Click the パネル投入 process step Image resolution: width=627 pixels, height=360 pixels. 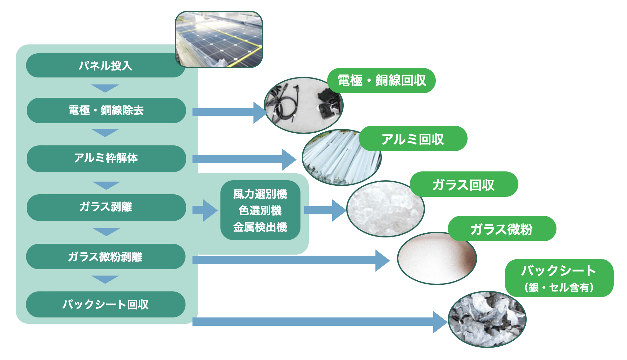(x=105, y=66)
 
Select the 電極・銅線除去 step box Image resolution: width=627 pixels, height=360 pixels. (x=106, y=110)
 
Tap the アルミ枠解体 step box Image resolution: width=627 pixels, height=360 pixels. (x=106, y=158)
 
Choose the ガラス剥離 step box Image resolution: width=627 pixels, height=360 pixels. (x=106, y=207)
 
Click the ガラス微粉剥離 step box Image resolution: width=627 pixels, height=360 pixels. (x=105, y=257)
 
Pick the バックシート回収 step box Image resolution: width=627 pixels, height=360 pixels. (x=105, y=304)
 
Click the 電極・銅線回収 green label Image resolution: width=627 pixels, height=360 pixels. (x=381, y=81)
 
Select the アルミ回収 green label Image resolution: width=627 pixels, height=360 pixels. (x=413, y=139)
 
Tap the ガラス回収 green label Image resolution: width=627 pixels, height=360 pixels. (x=464, y=184)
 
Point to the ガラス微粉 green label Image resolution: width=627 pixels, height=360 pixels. (x=502, y=229)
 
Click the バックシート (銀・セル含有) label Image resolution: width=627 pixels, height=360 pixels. (x=559, y=278)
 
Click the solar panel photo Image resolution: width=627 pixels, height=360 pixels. (x=219, y=39)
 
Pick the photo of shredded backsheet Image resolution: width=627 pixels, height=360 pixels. (x=487, y=319)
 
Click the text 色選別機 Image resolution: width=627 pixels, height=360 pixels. (x=260, y=210)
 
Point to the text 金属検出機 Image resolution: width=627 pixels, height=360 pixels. (x=260, y=227)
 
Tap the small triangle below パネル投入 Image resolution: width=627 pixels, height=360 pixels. (x=105, y=88)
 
